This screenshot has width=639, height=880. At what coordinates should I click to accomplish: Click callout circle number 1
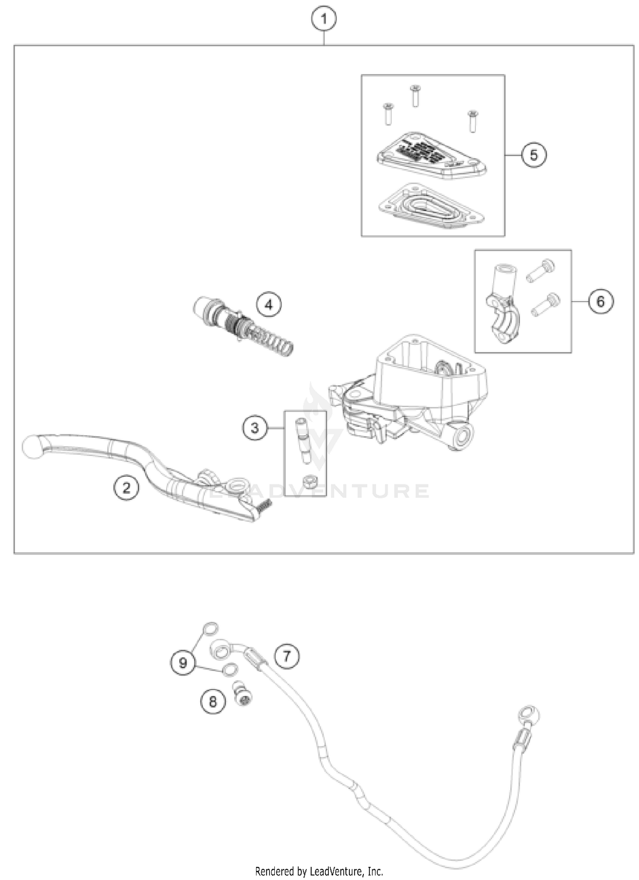pos(324,20)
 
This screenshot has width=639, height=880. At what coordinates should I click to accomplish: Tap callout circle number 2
pos(126,487)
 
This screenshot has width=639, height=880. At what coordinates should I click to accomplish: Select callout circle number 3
pos(255,427)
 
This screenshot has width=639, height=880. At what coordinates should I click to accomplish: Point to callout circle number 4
pos(269,304)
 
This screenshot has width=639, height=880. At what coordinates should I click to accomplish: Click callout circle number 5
pos(534,155)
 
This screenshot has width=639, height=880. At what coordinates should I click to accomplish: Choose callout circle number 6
pos(601,302)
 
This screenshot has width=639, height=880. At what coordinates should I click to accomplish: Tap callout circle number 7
pos(287,656)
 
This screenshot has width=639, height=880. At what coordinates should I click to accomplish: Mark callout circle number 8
pos(213,701)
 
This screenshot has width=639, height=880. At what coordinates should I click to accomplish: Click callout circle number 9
pos(183,663)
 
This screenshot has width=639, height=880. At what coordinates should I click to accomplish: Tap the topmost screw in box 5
pos(415,95)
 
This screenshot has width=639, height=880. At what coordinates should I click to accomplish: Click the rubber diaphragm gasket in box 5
pos(430,206)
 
